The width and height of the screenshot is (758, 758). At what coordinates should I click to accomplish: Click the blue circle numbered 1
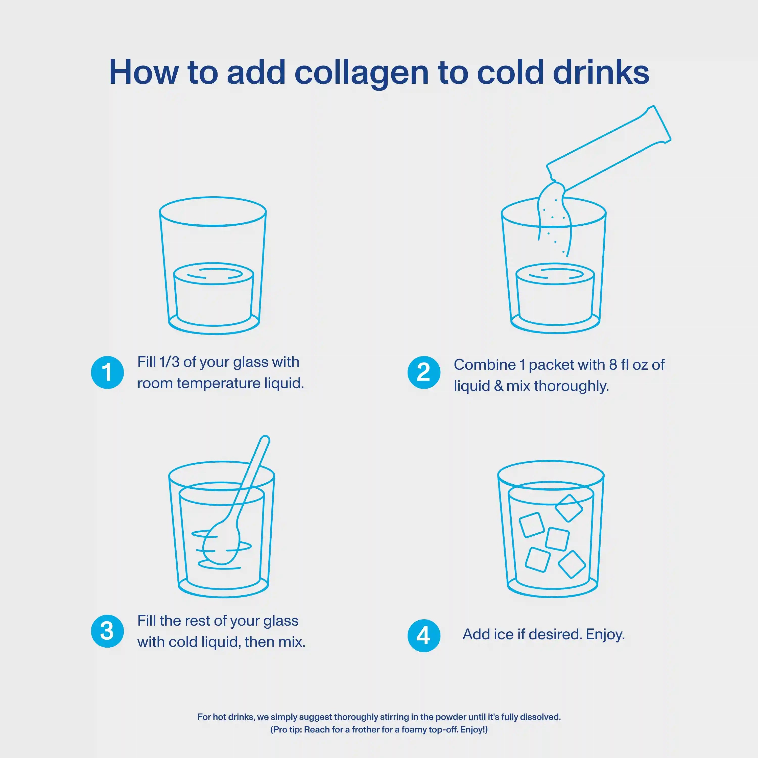[107, 372]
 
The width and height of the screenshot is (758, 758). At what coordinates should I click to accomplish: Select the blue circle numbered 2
[424, 372]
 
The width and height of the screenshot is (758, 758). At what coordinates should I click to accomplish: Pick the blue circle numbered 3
[107, 631]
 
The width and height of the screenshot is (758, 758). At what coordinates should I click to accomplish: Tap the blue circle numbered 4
[424, 636]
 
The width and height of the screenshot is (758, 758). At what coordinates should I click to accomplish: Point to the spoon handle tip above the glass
[265, 439]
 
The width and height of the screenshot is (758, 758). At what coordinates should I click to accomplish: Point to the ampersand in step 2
[499, 386]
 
